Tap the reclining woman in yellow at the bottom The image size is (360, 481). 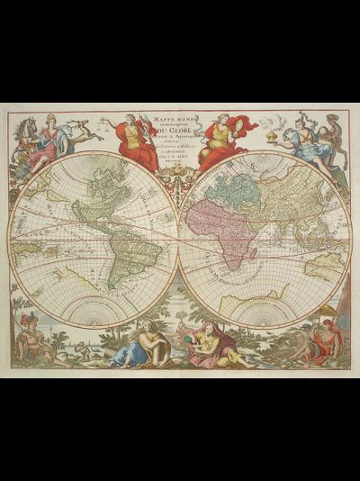click(x=212, y=347)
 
